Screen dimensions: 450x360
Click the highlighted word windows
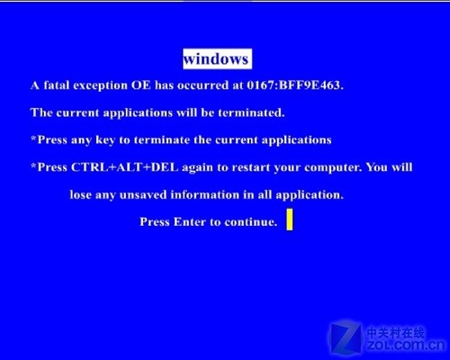click(217, 58)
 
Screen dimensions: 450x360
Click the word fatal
click(56, 85)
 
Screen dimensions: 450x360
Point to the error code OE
click(141, 85)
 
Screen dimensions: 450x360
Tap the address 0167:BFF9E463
click(295, 85)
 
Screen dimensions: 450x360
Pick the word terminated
click(251, 112)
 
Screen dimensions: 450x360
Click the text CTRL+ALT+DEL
click(124, 167)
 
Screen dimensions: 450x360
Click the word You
click(377, 167)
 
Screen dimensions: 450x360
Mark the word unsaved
click(143, 194)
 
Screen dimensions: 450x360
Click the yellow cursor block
click(290, 220)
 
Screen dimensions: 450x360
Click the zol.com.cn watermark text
click(407, 345)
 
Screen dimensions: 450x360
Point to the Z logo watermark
click(346, 337)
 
